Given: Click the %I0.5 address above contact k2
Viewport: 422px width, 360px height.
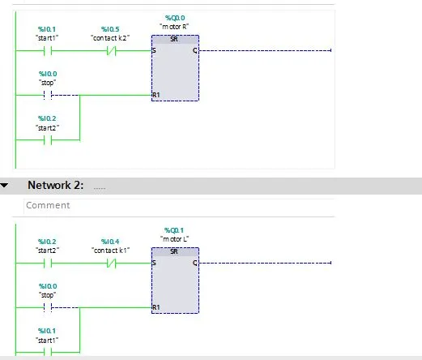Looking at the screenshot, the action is click(110, 29).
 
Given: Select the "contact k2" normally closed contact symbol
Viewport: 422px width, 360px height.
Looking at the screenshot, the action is click(111, 50).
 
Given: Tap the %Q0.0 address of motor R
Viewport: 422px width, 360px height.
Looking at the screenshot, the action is click(175, 18).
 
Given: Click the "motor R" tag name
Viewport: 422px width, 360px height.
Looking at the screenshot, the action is click(174, 27).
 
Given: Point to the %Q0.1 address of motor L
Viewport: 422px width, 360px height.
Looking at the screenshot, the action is click(174, 230).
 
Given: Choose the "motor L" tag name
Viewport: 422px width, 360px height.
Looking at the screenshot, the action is click(174, 239).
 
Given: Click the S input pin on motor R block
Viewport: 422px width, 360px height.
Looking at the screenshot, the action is click(154, 50).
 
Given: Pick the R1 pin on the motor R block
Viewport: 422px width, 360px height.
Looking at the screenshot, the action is click(156, 95).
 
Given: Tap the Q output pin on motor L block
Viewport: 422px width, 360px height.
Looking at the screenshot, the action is click(195, 263).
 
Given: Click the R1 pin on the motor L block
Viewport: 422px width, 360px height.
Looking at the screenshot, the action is click(156, 307).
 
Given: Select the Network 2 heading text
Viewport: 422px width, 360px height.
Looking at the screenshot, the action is click(56, 185).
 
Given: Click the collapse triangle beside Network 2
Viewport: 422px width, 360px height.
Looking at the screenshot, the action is click(4, 186).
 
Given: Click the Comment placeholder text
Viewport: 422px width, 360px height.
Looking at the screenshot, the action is click(48, 205).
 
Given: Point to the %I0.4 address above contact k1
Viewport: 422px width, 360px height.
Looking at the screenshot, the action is click(110, 242).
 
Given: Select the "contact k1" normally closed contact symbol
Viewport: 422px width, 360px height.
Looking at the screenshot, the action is click(111, 263).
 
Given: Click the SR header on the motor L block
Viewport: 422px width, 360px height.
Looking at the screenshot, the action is click(174, 251).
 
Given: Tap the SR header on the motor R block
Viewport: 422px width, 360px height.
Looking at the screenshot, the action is click(174, 39).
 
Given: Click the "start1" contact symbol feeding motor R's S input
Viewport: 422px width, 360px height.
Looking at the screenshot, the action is click(48, 50).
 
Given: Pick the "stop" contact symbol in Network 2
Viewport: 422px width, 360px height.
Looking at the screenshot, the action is click(48, 307).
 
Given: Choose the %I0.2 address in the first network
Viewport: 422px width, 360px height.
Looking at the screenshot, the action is click(47, 118).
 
